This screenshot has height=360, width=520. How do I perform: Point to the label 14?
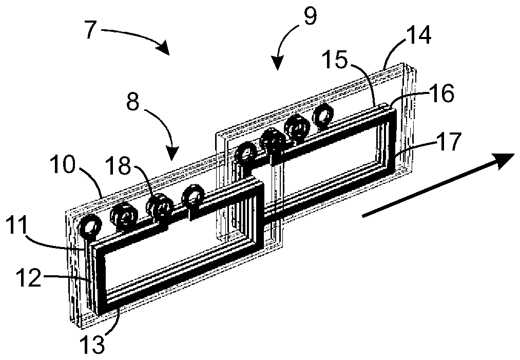418,36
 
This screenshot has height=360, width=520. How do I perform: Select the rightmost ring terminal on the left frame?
194,195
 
